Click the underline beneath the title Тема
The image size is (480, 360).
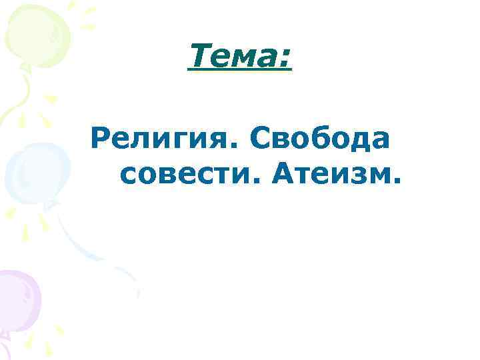[x=240, y=71]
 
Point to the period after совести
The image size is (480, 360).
[x=257, y=182]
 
